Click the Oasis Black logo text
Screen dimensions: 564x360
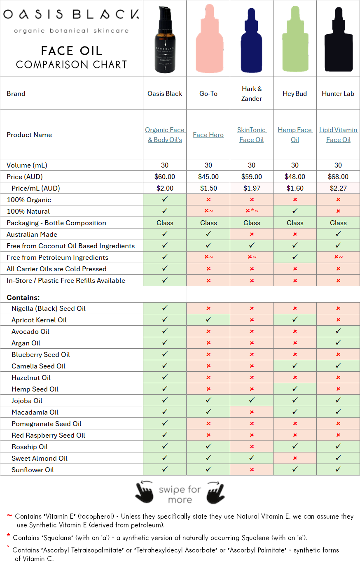pyautogui.click(x=71, y=15)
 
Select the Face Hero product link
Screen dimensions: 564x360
pyautogui.click(x=208, y=135)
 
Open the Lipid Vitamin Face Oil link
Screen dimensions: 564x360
pyautogui.click(x=338, y=135)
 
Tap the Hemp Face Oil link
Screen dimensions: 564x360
pyautogui.click(x=295, y=135)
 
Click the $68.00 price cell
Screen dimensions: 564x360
pyautogui.click(x=338, y=177)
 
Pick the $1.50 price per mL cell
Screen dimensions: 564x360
pyautogui.click(x=208, y=188)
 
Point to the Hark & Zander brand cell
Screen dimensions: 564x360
pyautogui.click(x=252, y=93)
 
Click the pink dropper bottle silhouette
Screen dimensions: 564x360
pyautogui.click(x=208, y=39)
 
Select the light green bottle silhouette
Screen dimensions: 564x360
pyautogui.click(x=295, y=39)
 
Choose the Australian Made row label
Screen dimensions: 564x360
pyautogui.click(x=32, y=234)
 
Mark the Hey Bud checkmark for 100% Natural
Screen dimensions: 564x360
pyautogui.click(x=295, y=211)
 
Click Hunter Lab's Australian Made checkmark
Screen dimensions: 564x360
pyautogui.click(x=338, y=234)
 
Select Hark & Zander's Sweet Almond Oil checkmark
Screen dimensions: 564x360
pyautogui.click(x=252, y=458)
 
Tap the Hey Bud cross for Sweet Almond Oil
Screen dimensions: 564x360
pyautogui.click(x=295, y=458)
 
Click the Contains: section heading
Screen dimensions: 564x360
pyautogui.click(x=23, y=298)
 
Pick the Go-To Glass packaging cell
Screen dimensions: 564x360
pyautogui.click(x=208, y=223)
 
